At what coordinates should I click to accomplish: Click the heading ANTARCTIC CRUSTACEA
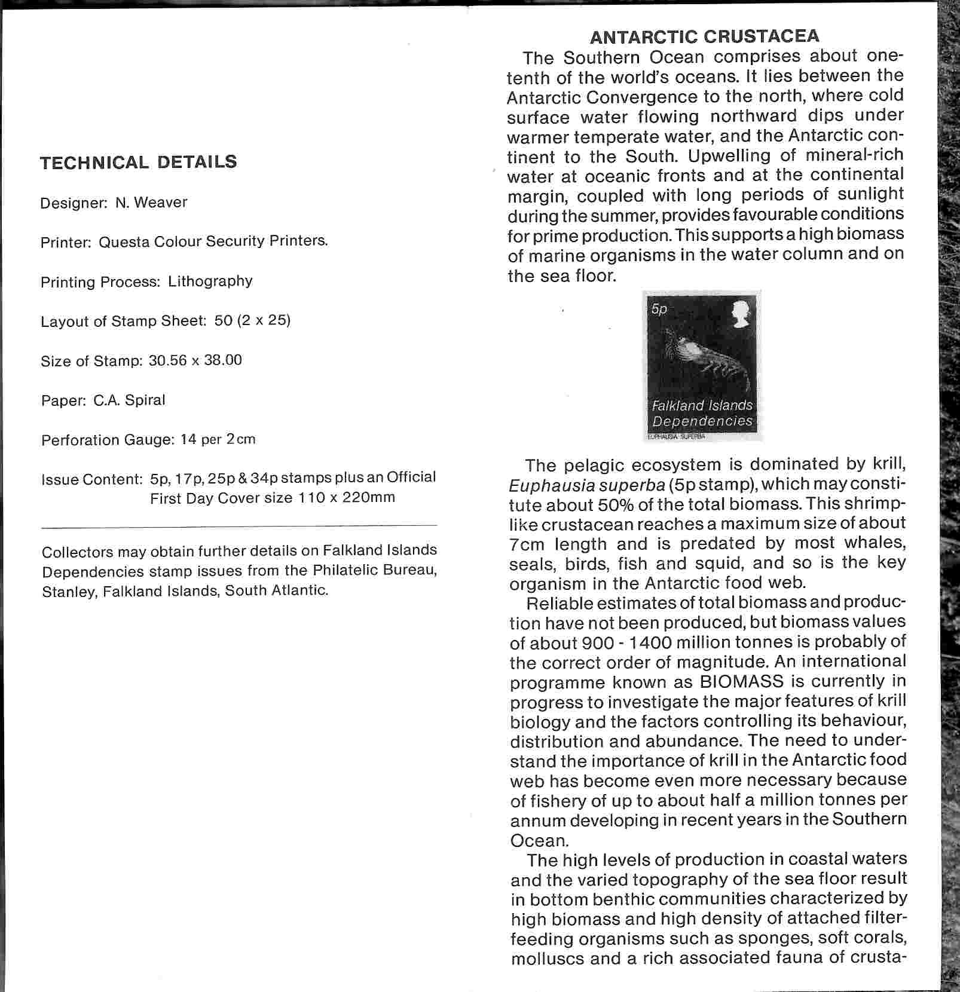tap(704, 37)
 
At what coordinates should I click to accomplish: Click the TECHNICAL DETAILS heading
tap(139, 163)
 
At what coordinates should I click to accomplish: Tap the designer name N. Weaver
tap(151, 203)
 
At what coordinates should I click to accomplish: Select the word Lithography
tap(210, 281)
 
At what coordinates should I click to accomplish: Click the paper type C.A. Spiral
tap(129, 400)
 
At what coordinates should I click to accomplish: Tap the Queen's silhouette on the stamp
tap(740, 314)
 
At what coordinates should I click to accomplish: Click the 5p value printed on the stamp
tap(659, 309)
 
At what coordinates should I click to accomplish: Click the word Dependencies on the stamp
tap(702, 421)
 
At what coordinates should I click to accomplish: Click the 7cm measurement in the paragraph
tap(528, 544)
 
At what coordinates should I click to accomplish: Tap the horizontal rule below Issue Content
tap(239, 526)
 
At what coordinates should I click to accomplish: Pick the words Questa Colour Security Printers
tap(213, 241)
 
